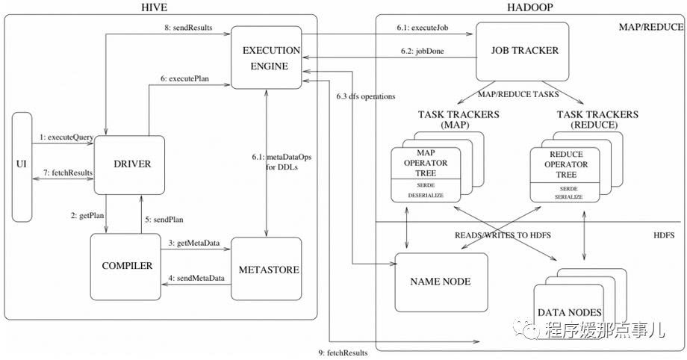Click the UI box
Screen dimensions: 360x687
point(22,166)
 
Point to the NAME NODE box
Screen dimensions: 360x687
point(441,282)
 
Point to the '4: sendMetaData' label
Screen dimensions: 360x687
point(196,278)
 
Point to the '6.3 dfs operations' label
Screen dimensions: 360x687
point(366,97)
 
